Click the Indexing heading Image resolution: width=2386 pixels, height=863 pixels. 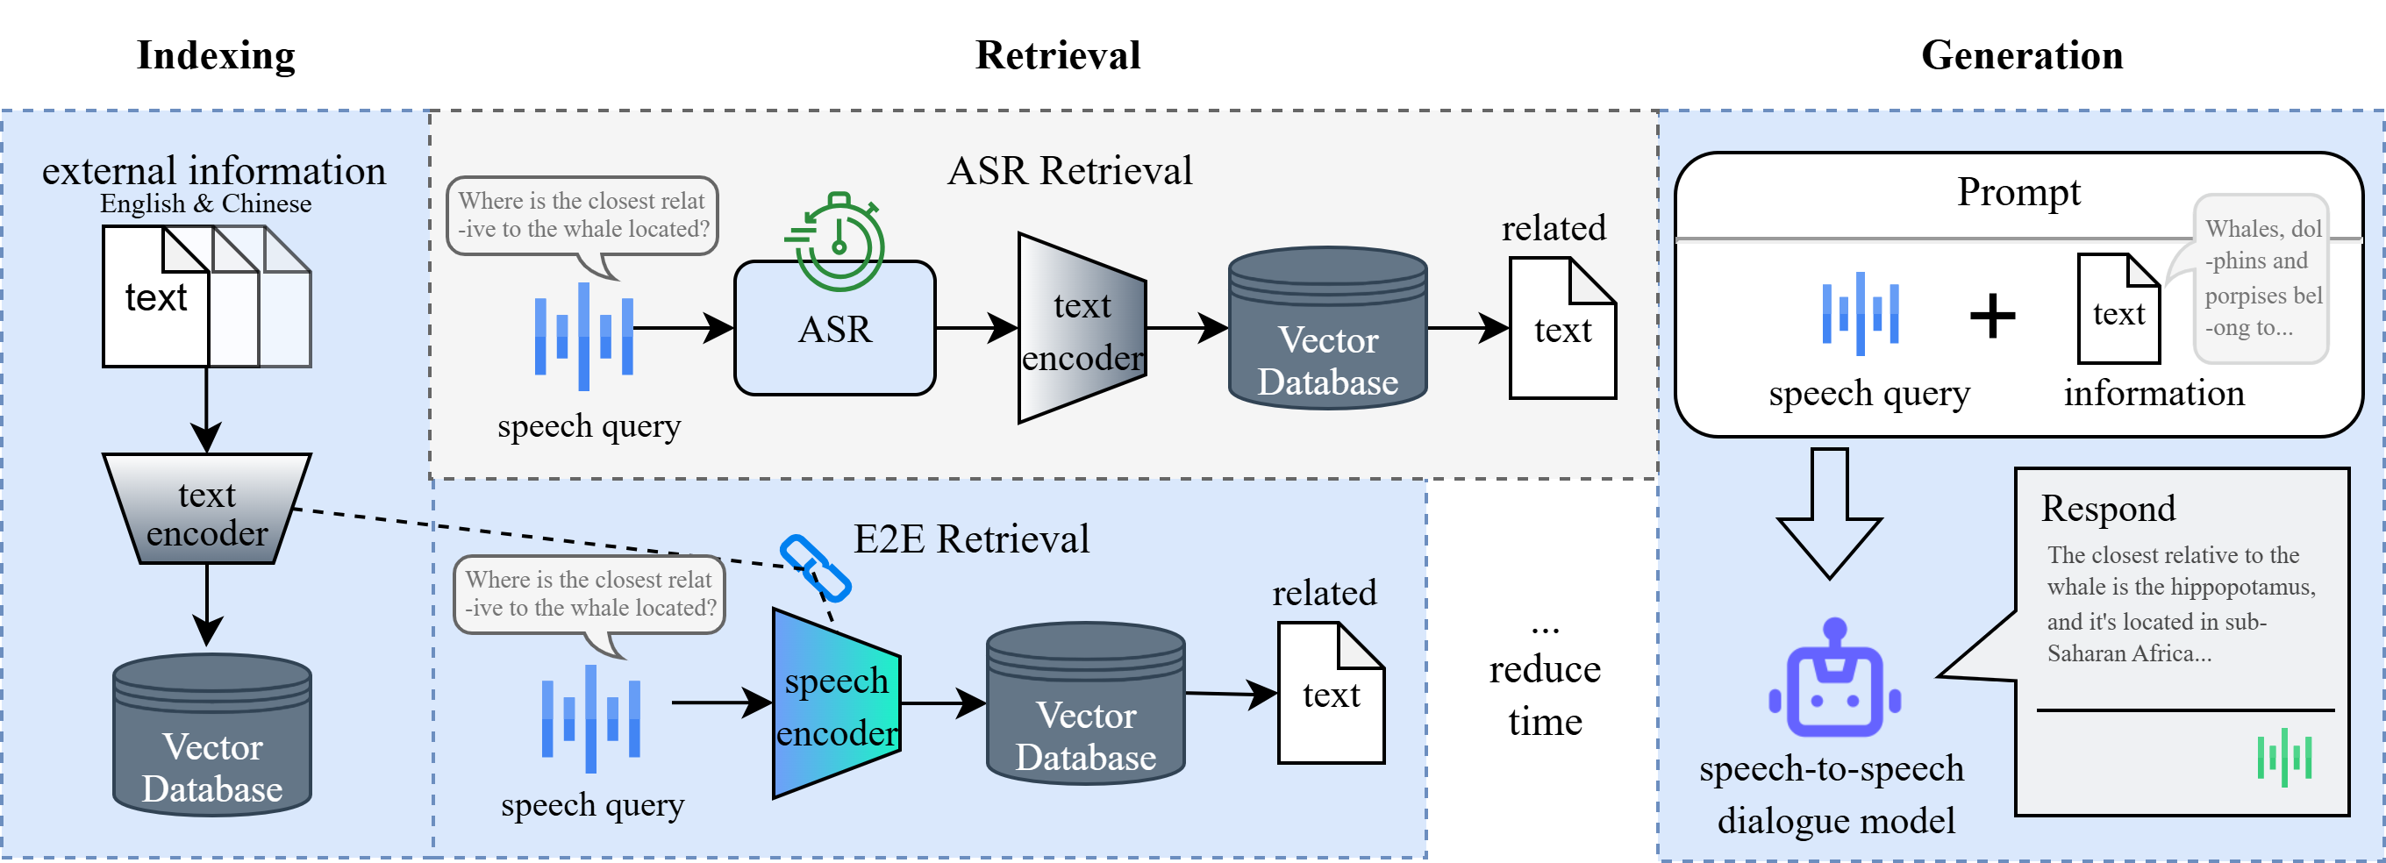coord(216,55)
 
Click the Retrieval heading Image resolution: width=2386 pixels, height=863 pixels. coord(1058,55)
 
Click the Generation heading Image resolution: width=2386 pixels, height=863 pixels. coord(2021,55)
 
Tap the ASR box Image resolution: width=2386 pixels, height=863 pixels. coord(834,330)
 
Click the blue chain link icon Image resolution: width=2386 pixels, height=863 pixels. coord(815,567)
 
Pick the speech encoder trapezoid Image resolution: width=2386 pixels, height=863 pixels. coord(836,703)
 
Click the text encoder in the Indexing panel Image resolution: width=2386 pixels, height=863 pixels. coord(206,510)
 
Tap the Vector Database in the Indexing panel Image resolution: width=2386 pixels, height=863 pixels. coord(212,736)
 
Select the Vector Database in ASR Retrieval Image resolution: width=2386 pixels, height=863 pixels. coord(1327,329)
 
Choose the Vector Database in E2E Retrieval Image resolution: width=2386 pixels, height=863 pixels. coord(1086,703)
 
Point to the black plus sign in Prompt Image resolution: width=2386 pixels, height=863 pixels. coord(1992,316)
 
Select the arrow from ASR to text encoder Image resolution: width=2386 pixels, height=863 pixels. coord(976,327)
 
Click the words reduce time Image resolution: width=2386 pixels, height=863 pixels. coord(1545,695)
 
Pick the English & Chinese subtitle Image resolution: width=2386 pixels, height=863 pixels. coord(205,203)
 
